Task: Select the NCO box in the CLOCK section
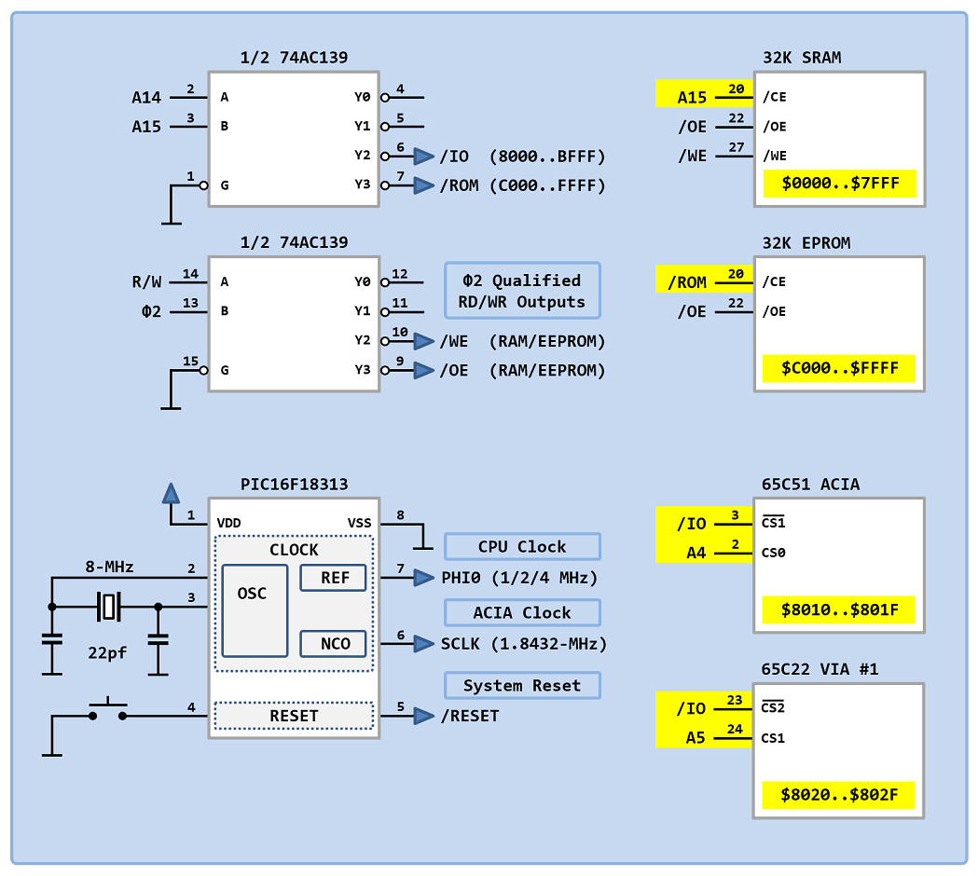tap(334, 643)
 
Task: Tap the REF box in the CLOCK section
tap(334, 578)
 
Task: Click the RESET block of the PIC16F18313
tap(294, 716)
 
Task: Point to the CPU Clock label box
tap(522, 546)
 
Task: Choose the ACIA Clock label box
tap(522, 612)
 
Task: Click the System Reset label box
tap(522, 685)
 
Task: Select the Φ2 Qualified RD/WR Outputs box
tap(522, 290)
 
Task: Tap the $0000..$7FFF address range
tap(840, 184)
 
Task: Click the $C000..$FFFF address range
tap(840, 368)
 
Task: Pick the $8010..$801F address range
tap(840, 610)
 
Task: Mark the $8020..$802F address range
tap(840, 796)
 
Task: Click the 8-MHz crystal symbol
tap(109, 608)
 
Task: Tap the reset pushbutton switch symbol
tap(107, 711)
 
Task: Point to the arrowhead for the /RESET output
tap(424, 716)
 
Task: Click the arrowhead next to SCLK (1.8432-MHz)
tap(424, 643)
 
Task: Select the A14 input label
tap(146, 97)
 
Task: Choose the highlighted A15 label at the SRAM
tap(692, 97)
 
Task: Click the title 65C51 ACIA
tap(810, 485)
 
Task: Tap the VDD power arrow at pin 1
tap(171, 493)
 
